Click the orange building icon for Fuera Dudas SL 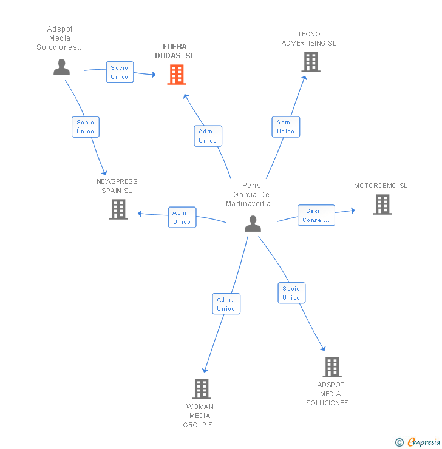click(x=177, y=75)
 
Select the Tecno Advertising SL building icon click(x=310, y=62)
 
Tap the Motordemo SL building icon click(x=382, y=204)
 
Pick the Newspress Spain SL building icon click(x=118, y=209)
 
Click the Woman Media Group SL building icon click(x=201, y=388)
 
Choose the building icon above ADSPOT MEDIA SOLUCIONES click(x=331, y=366)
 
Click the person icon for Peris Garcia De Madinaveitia click(x=253, y=224)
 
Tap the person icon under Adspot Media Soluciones click(x=61, y=67)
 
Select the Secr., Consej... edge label click(x=316, y=215)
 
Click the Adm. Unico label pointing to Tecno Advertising click(x=285, y=127)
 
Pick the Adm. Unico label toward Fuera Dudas click(x=208, y=136)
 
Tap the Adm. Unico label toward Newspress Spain click(x=182, y=217)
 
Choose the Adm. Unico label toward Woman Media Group click(x=226, y=304)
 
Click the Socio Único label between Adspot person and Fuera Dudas click(x=120, y=72)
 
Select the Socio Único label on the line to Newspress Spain click(x=86, y=127)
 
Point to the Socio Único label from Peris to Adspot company click(x=291, y=293)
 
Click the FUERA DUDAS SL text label click(x=175, y=51)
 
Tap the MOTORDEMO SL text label click(x=381, y=186)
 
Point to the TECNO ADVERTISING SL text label click(x=309, y=39)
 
